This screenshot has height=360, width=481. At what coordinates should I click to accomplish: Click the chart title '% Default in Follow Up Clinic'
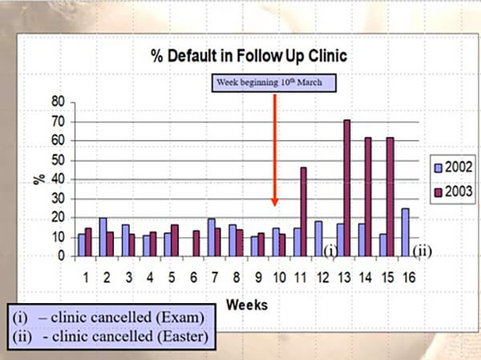(x=248, y=55)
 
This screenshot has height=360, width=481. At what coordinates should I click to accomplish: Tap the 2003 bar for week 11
(x=304, y=212)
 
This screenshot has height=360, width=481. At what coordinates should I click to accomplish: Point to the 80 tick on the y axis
(x=58, y=102)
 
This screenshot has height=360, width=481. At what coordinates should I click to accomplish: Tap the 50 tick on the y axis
(x=58, y=160)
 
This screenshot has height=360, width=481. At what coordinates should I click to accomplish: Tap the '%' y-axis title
(x=38, y=178)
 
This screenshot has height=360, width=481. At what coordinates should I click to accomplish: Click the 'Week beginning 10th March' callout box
(x=274, y=83)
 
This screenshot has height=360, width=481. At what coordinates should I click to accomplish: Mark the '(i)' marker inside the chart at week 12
(x=329, y=250)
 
